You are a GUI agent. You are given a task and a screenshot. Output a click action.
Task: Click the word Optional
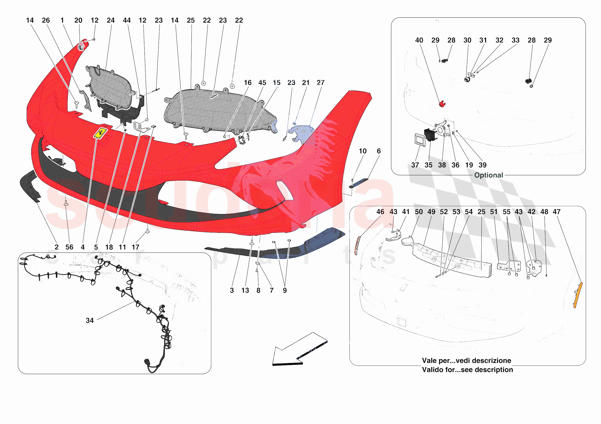(488, 175)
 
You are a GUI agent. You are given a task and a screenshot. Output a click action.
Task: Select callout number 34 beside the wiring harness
(89, 320)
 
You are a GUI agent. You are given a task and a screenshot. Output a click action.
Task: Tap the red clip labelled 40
(442, 104)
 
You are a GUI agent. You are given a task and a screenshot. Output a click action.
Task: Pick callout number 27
(320, 83)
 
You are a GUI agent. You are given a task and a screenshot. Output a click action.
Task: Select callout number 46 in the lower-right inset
(380, 212)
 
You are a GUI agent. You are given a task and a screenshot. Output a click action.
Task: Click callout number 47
(557, 212)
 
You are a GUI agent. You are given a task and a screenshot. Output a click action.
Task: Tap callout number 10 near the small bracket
(363, 151)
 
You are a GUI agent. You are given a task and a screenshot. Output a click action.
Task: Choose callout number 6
(379, 151)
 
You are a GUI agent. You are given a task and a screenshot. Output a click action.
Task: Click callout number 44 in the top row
(127, 20)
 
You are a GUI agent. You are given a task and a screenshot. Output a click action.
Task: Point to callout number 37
(415, 165)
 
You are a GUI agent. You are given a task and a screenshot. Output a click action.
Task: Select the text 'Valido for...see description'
(467, 370)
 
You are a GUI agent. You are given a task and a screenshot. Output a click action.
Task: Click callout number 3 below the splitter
(232, 291)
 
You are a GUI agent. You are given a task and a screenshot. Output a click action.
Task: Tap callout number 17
(135, 247)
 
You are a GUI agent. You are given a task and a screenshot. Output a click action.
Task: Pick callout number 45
(262, 83)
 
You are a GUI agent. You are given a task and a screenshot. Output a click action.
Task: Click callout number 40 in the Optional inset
(419, 40)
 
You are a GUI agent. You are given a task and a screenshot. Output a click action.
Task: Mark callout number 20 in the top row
(78, 20)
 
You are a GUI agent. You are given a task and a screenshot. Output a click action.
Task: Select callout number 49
(431, 212)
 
